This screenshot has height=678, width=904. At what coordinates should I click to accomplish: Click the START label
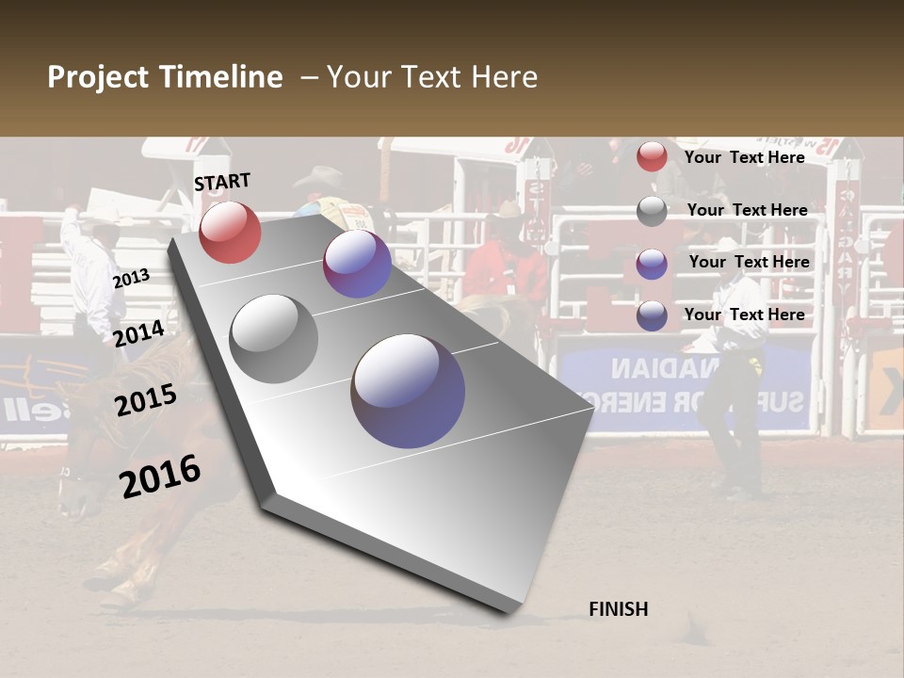[x=222, y=182]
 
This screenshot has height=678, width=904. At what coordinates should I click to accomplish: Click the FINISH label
[x=619, y=609]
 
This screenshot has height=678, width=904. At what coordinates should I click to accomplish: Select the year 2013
[x=131, y=279]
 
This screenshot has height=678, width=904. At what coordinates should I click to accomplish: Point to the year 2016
[x=160, y=476]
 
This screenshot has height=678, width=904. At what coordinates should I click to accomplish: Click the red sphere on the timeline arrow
[x=230, y=232]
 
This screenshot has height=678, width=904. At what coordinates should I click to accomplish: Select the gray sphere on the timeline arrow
[x=274, y=338]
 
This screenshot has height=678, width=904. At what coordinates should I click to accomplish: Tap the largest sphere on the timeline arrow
[x=408, y=391]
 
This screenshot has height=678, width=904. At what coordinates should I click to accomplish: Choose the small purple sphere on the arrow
[x=357, y=264]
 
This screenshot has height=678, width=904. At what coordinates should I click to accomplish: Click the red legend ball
[x=652, y=156]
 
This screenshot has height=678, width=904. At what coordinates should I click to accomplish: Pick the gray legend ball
[x=652, y=211]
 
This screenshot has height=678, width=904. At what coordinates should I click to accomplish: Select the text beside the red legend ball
[x=744, y=157]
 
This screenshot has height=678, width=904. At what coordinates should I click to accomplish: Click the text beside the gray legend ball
[x=747, y=210]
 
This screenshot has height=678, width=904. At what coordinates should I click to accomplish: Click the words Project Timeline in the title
[x=165, y=77]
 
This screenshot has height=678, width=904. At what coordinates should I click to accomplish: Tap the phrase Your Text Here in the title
[x=432, y=77]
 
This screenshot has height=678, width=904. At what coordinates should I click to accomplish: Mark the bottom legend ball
[x=652, y=315]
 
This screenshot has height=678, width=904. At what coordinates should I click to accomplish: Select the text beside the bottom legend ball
[x=744, y=315]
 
